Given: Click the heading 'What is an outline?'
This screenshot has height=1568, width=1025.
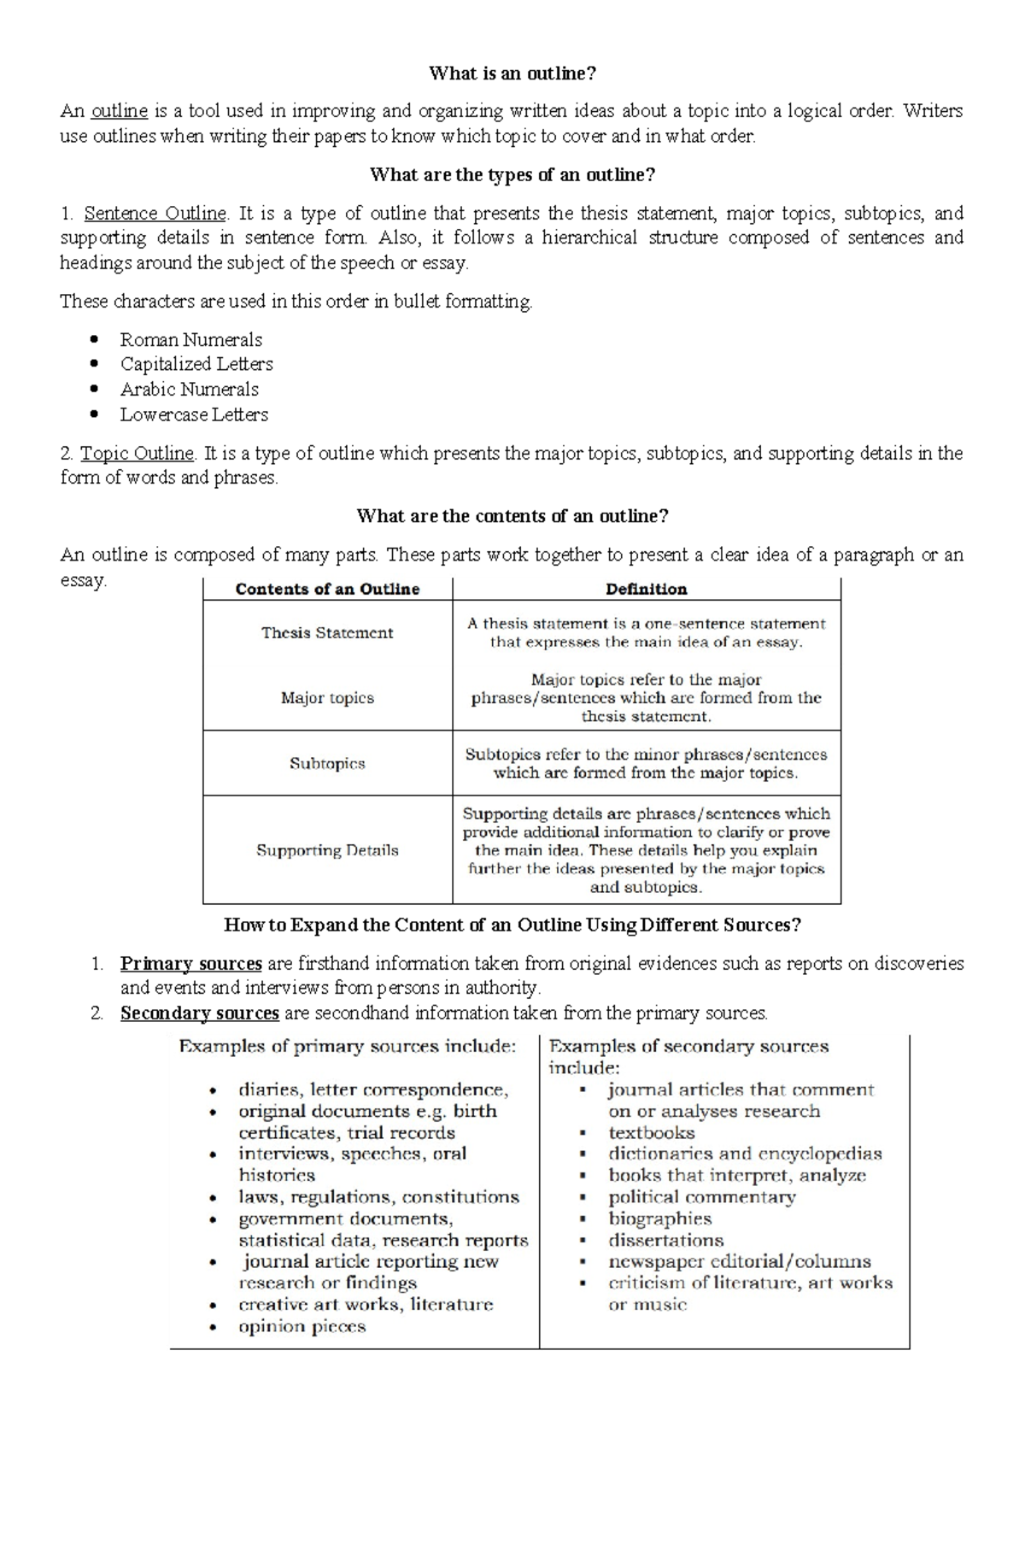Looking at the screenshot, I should tap(512, 73).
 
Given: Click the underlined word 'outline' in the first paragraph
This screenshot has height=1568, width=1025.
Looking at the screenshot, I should tap(120, 111).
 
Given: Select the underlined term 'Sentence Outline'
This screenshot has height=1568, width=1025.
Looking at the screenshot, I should tap(155, 213).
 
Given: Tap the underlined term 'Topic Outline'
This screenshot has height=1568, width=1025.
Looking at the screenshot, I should tap(138, 453).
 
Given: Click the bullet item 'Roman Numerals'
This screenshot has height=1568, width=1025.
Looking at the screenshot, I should tap(190, 339).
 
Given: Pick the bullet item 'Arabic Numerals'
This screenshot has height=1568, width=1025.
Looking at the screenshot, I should tap(189, 390).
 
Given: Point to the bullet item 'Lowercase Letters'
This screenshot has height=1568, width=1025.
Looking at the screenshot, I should tap(194, 414).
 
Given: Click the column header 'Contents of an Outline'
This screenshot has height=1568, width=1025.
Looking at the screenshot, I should tap(327, 589).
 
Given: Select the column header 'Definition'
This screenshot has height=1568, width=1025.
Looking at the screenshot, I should tap(646, 589).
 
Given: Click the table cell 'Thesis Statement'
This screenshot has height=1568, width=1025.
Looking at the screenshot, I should tap(327, 633).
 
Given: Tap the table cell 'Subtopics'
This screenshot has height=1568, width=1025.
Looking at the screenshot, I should tap(327, 763).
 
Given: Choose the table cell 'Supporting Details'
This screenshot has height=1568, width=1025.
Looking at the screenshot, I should tap(327, 850).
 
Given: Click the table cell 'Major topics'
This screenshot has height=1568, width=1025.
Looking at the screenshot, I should tap(327, 698).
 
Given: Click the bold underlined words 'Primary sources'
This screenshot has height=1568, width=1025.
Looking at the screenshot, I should tap(190, 964).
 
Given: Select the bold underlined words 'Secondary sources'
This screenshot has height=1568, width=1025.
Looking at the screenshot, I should tap(199, 1013).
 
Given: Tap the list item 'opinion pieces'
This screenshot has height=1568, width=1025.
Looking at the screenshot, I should tap(302, 1327).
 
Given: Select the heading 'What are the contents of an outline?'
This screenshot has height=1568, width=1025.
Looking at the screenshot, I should tap(512, 516).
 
